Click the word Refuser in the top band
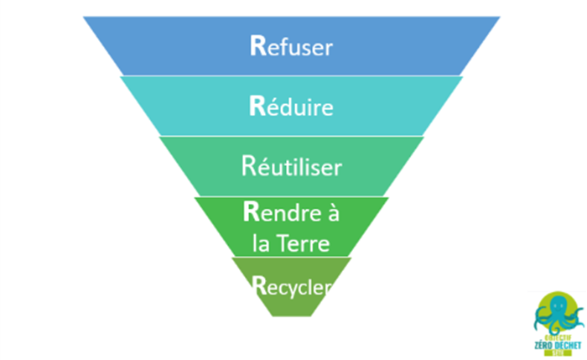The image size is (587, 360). click(x=291, y=46)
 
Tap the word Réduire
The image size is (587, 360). click(x=291, y=107)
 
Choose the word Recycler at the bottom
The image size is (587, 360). click(x=291, y=286)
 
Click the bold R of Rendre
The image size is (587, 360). click(x=250, y=211)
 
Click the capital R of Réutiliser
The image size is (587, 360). click(x=248, y=165)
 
